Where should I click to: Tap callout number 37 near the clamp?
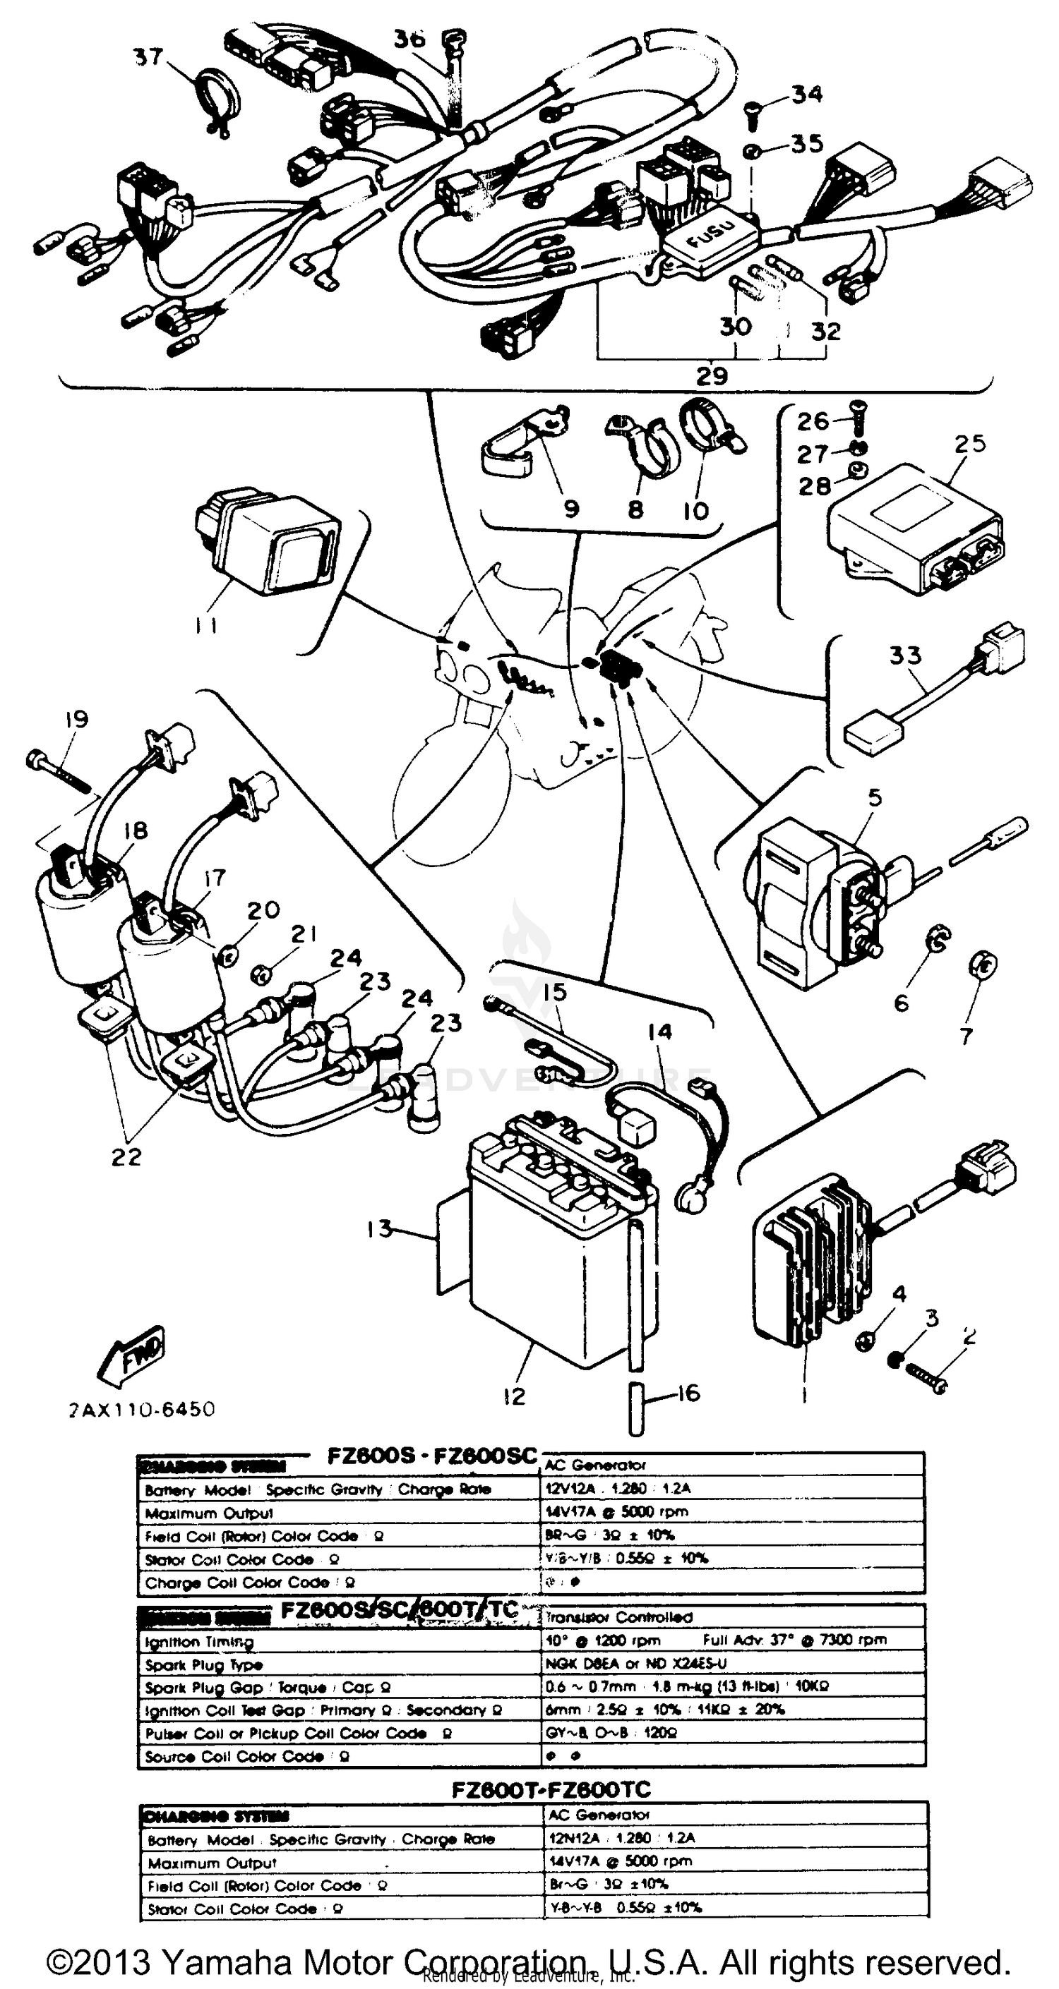tap(148, 56)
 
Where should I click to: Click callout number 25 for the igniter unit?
tap(970, 444)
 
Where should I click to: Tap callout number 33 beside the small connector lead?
tap(905, 655)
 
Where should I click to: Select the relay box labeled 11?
tap(266, 533)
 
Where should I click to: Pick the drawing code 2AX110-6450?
tap(141, 1410)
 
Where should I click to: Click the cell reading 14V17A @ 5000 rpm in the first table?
tap(616, 1512)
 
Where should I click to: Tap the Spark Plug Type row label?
tap(204, 1665)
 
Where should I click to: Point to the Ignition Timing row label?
tap(199, 1643)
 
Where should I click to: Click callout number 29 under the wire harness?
tap(712, 376)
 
